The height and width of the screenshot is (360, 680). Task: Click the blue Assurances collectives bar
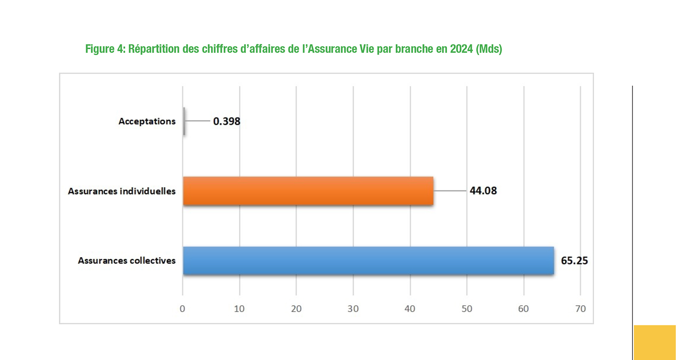pyautogui.click(x=368, y=260)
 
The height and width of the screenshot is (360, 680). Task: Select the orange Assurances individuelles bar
pyautogui.click(x=308, y=191)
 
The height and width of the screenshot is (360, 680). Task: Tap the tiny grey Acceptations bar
pyautogui.click(x=184, y=121)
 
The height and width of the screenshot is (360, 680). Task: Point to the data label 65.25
pyautogui.click(x=574, y=260)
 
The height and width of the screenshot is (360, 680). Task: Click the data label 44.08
pyautogui.click(x=483, y=191)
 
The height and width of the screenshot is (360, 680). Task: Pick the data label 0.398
pyautogui.click(x=227, y=122)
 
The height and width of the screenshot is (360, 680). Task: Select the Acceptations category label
pyautogui.click(x=147, y=122)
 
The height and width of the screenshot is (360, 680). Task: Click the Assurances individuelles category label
pyautogui.click(x=122, y=191)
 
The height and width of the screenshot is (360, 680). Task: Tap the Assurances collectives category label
pyautogui.click(x=127, y=260)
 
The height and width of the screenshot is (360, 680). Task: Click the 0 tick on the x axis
pyautogui.click(x=183, y=309)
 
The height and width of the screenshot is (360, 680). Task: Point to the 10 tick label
pyautogui.click(x=239, y=309)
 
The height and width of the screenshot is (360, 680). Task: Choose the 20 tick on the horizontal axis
pyautogui.click(x=296, y=309)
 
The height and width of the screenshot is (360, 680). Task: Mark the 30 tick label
pyautogui.click(x=353, y=309)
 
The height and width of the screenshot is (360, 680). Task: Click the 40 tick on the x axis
pyautogui.click(x=410, y=309)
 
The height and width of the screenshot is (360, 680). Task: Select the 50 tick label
pyautogui.click(x=466, y=309)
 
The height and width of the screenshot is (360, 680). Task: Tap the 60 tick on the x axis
pyautogui.click(x=523, y=309)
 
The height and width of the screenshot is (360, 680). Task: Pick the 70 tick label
pyautogui.click(x=580, y=309)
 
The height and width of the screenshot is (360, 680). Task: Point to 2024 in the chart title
pyautogui.click(x=461, y=49)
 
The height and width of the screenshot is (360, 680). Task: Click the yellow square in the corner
pyautogui.click(x=655, y=342)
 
